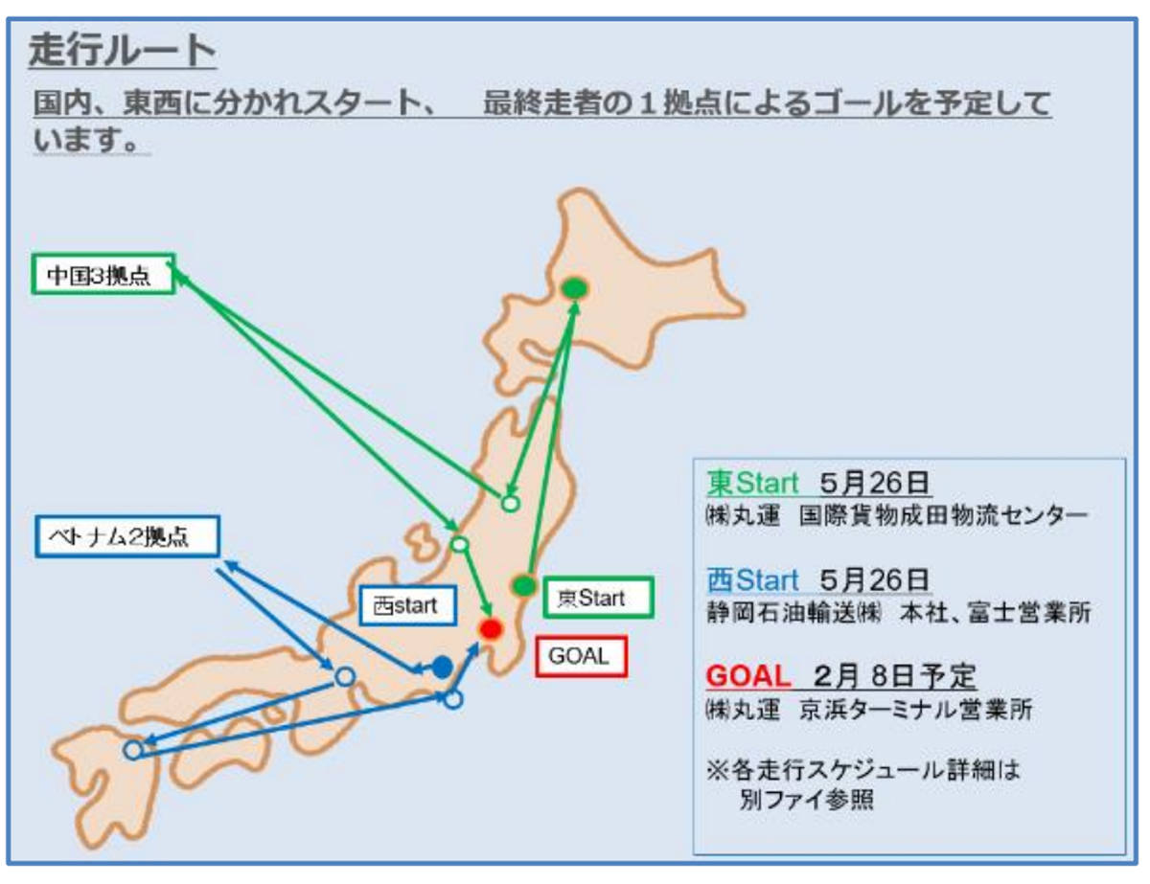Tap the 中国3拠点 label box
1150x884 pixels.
click(x=103, y=274)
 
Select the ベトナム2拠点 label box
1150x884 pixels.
click(x=127, y=536)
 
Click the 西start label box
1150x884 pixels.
click(x=405, y=605)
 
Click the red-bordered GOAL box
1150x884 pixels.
click(x=581, y=657)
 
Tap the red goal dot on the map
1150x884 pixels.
click(x=491, y=629)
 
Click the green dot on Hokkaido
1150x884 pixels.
click(x=574, y=287)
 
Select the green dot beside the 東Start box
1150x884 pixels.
click(x=523, y=585)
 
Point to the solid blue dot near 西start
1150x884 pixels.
click(x=442, y=667)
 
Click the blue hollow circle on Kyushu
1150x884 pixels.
click(x=134, y=749)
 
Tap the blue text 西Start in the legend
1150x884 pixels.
click(x=752, y=580)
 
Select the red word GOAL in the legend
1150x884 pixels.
click(x=747, y=677)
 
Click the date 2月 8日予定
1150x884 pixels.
click(x=895, y=677)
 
